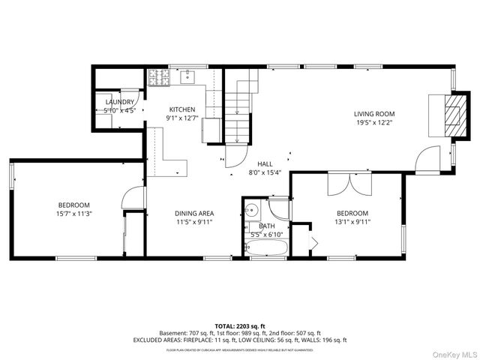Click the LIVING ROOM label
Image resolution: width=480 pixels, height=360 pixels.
point(373,114)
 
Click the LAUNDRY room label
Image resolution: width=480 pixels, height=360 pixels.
point(120,102)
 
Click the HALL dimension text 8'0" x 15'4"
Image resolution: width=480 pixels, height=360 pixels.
point(265,173)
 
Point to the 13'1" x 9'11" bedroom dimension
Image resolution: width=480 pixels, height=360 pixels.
point(352,221)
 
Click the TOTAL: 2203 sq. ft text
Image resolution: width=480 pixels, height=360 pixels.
point(239,325)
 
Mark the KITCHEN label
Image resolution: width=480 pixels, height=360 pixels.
point(181,109)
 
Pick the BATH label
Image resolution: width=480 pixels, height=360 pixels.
point(267,226)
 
